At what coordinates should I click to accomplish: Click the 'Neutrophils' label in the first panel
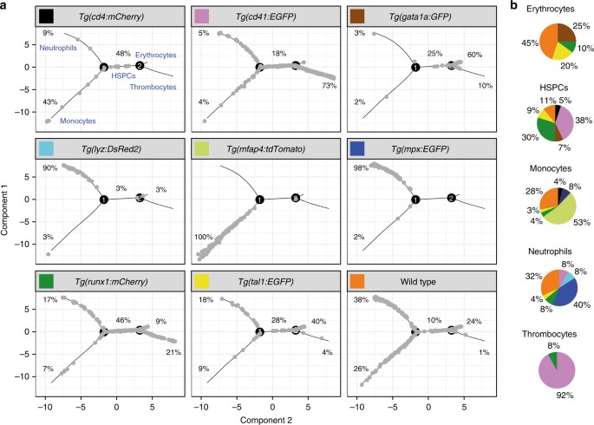[x=60, y=48]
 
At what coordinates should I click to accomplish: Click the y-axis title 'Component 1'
[x=8, y=210]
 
